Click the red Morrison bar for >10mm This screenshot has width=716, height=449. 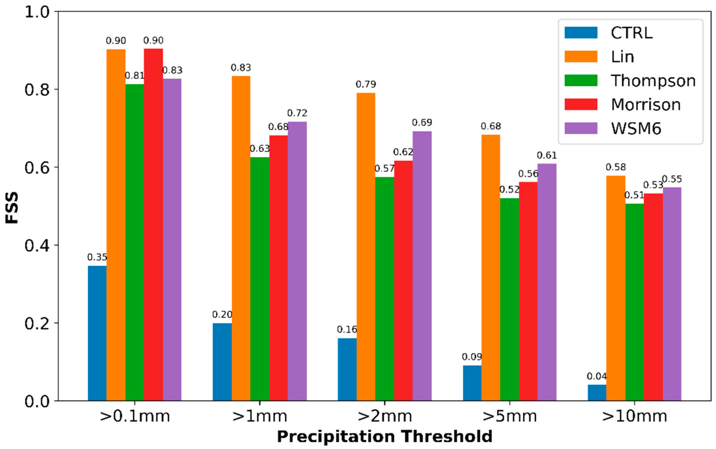coord(653,297)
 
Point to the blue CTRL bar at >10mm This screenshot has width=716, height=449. coord(597,393)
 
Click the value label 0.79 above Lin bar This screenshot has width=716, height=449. coord(366,85)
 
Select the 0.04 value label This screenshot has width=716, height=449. coord(597,377)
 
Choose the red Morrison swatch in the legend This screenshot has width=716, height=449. coord(581,104)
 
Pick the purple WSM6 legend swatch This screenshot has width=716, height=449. coord(581,128)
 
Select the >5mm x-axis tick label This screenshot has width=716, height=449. coord(509,416)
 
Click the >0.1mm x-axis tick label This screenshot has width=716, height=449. coord(135,416)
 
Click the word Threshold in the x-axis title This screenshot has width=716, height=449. coord(447,436)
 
